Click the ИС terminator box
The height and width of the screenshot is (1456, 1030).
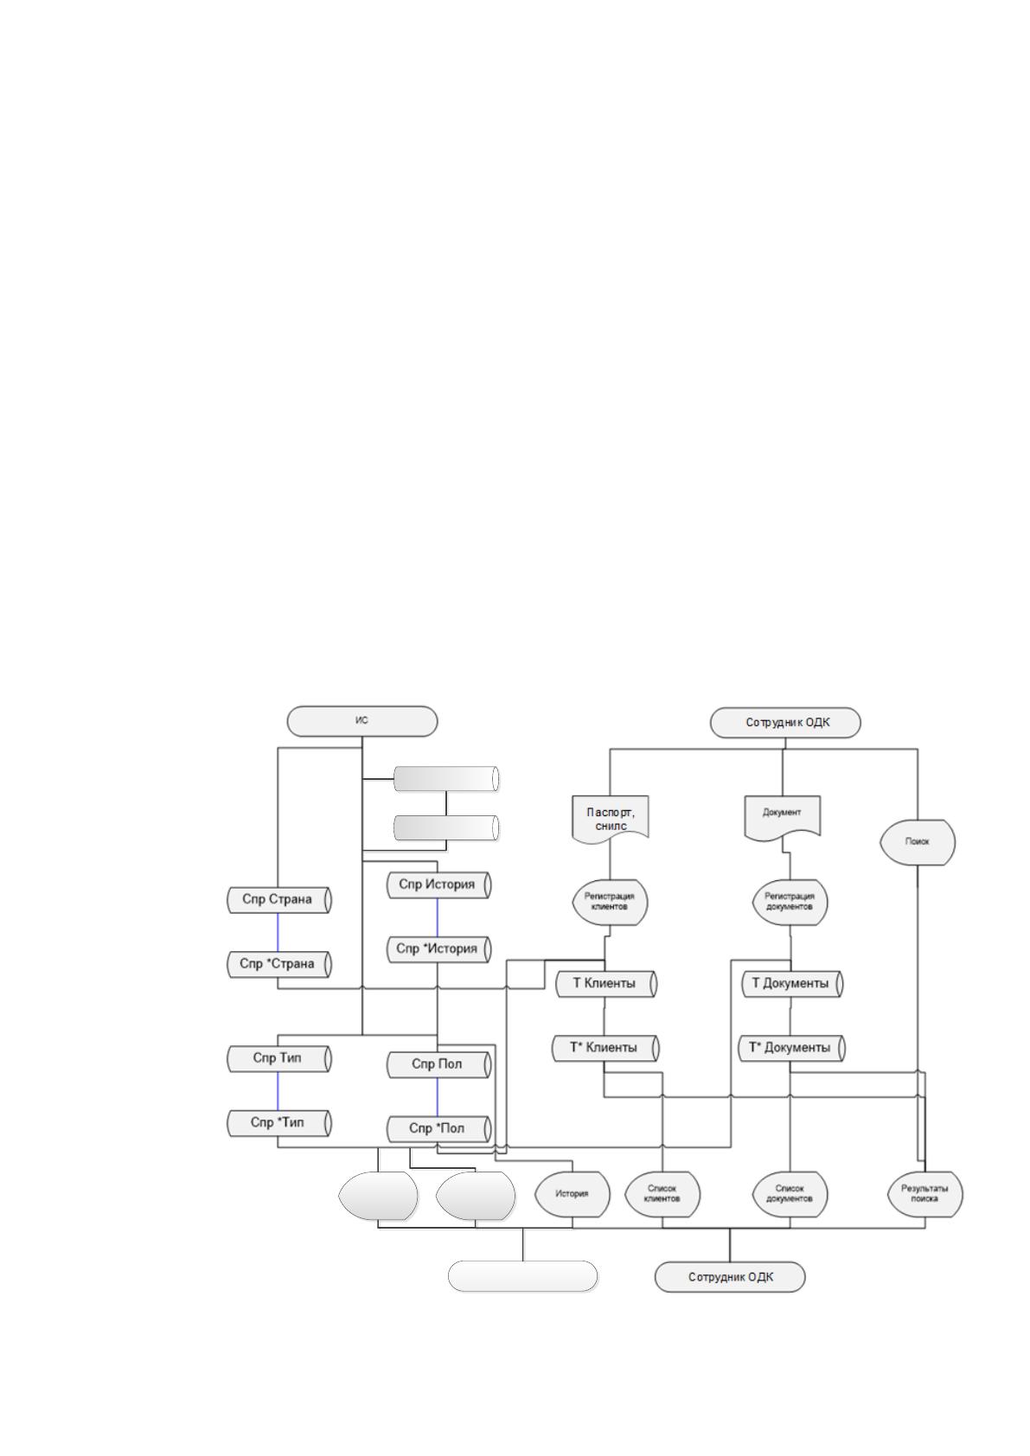tap(362, 721)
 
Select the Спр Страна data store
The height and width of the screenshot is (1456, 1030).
tap(279, 899)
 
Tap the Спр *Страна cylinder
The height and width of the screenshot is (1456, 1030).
tap(279, 964)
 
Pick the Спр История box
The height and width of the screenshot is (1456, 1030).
tap(439, 884)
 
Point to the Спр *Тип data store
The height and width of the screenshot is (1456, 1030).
tap(279, 1122)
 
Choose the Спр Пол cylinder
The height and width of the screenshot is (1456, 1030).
tap(439, 1064)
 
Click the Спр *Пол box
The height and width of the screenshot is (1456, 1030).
tap(439, 1128)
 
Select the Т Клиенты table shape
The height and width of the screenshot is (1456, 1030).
tap(607, 983)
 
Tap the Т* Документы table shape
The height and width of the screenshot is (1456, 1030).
tap(792, 1048)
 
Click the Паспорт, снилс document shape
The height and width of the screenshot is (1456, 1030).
tap(611, 819)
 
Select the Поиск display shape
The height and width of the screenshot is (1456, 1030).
tap(918, 842)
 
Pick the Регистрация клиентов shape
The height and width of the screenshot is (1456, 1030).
tap(610, 902)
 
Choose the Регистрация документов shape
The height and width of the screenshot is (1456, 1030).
tap(790, 902)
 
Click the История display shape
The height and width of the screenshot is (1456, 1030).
tap(573, 1194)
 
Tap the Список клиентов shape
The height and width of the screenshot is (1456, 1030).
tap(662, 1194)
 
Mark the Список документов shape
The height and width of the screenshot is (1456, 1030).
tap(790, 1194)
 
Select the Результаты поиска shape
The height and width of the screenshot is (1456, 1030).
tap(925, 1194)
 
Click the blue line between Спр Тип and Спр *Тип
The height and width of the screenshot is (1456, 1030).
tap(278, 1090)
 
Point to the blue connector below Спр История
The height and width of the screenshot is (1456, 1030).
tap(437, 918)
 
